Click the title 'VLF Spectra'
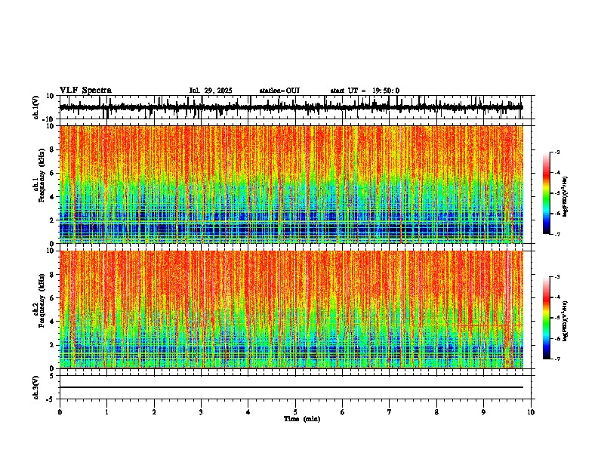(85, 91)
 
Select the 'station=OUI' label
(279, 91)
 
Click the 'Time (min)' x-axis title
(301, 419)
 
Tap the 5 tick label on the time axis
(295, 412)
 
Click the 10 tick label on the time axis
(531, 412)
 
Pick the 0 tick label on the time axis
(60, 412)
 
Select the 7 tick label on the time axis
(390, 412)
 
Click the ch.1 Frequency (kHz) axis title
(38, 184)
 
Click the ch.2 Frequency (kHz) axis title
(38, 309)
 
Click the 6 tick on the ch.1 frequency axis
(54, 173)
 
